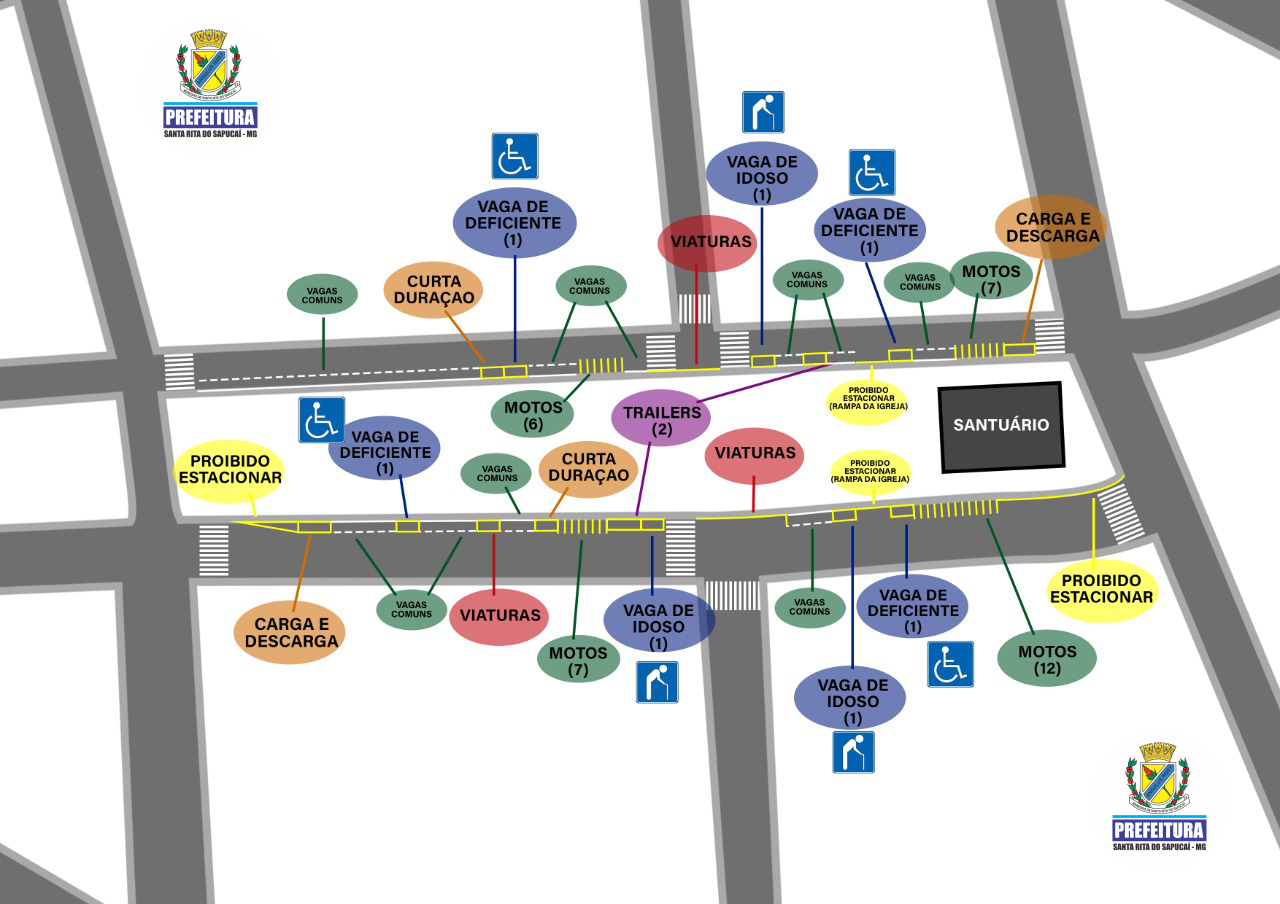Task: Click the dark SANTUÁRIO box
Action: (1001, 426)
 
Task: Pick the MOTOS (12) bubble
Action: (1047, 658)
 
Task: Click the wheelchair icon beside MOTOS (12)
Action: (950, 664)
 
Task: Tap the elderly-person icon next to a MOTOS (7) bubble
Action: (657, 682)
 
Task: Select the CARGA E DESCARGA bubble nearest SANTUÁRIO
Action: (1051, 227)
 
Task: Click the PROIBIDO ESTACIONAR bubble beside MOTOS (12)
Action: (1101, 589)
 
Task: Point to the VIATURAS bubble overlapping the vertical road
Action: (706, 242)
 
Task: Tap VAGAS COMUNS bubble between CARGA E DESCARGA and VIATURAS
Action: (411, 608)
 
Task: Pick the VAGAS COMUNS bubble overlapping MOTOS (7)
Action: (919, 282)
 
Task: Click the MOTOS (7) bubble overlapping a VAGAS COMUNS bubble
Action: (991, 277)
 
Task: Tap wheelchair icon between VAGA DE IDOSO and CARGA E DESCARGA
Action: (872, 172)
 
